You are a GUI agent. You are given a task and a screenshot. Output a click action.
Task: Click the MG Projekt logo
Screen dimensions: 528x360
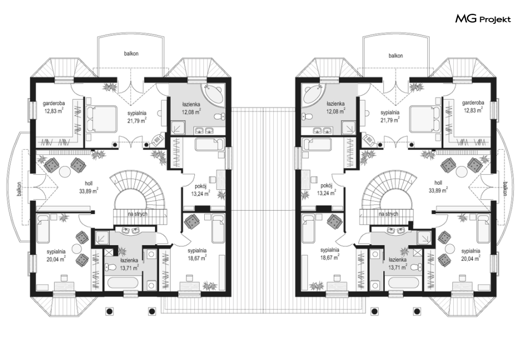483,19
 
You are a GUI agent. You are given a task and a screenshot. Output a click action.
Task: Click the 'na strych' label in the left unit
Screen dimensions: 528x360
137,214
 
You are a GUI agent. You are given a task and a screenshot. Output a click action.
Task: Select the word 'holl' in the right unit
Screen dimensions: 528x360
438,183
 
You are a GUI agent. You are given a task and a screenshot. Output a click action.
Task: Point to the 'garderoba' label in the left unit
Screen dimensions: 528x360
54,103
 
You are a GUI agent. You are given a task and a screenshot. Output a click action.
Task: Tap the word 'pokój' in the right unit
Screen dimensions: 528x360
327,186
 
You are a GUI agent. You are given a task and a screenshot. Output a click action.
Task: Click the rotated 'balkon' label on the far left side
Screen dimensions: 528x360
20,190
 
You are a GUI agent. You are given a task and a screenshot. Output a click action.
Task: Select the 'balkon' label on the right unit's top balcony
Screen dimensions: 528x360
396,56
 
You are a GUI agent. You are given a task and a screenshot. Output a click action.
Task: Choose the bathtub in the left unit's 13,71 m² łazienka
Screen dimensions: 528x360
123,282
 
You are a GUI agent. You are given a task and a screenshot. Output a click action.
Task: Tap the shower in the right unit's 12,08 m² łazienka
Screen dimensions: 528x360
349,128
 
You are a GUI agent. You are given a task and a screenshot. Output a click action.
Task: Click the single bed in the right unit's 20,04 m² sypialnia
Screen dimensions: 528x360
483,229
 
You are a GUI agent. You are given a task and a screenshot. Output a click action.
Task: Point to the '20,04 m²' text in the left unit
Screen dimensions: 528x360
56,259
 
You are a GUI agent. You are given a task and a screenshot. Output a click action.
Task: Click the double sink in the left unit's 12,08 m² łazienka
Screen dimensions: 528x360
204,130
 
